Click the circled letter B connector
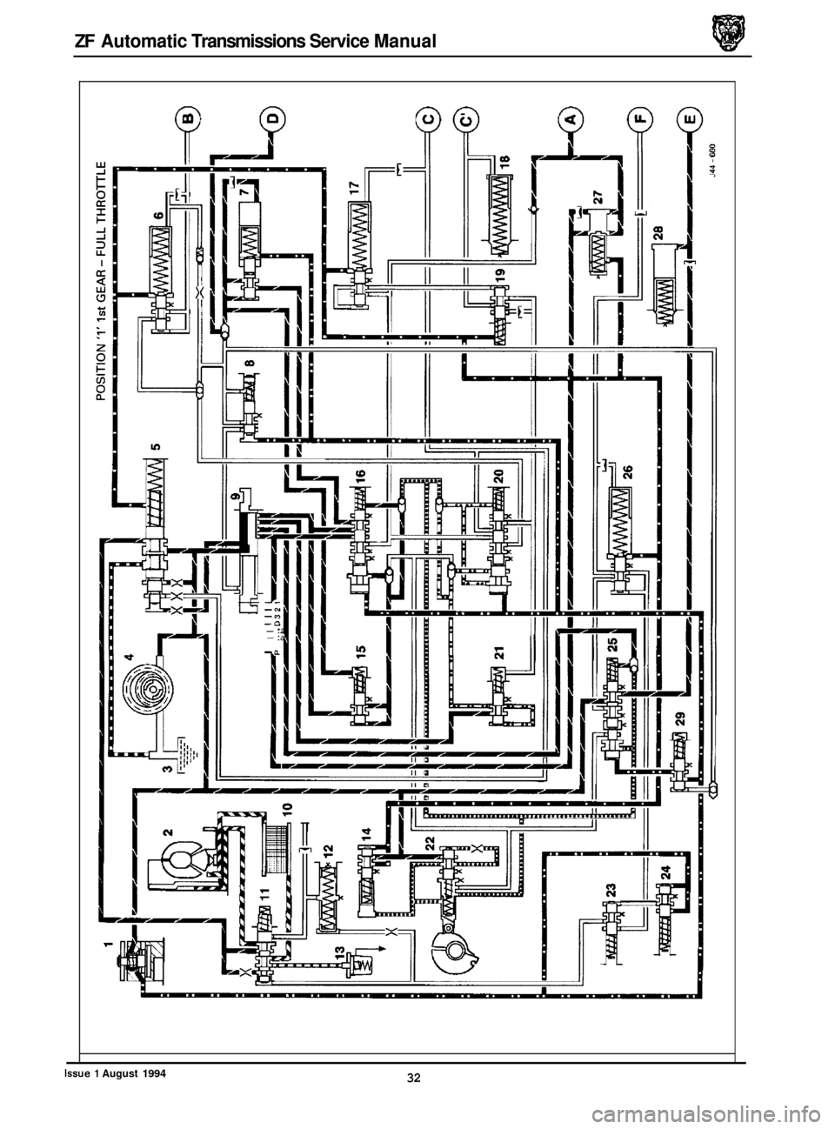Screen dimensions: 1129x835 pyautogui.click(x=189, y=118)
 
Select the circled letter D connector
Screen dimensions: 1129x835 pyautogui.click(x=272, y=118)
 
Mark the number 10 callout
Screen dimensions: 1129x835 pyautogui.click(x=287, y=808)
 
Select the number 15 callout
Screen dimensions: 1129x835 pyautogui.click(x=360, y=647)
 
